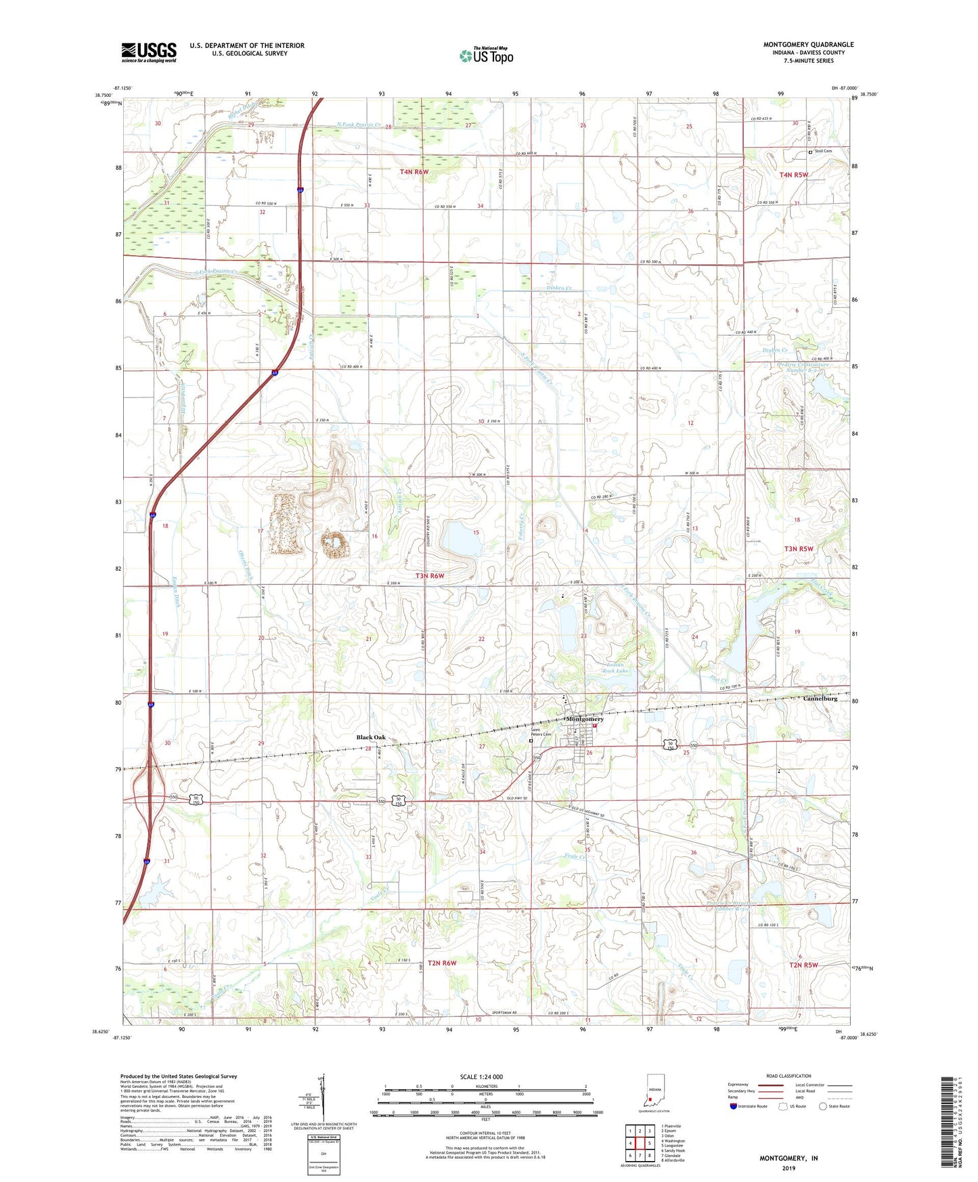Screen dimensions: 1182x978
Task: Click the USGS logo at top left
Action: click(x=149, y=52)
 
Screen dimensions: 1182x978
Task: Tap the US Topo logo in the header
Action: click(x=486, y=56)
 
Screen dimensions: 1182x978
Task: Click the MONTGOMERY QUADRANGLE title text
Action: click(x=808, y=45)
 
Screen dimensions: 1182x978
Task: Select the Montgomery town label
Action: click(x=584, y=719)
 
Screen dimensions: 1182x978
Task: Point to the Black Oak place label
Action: click(x=371, y=737)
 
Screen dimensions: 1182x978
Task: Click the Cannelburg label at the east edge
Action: click(x=820, y=699)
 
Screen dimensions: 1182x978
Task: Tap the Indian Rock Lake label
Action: click(x=615, y=668)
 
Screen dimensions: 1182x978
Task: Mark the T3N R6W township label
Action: click(x=430, y=575)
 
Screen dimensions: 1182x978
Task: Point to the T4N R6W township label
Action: click(x=414, y=172)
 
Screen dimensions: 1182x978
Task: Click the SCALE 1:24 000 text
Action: click(x=481, y=1076)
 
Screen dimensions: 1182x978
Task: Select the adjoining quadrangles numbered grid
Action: click(x=640, y=1144)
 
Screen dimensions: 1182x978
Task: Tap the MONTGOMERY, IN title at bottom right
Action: click(x=788, y=1158)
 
